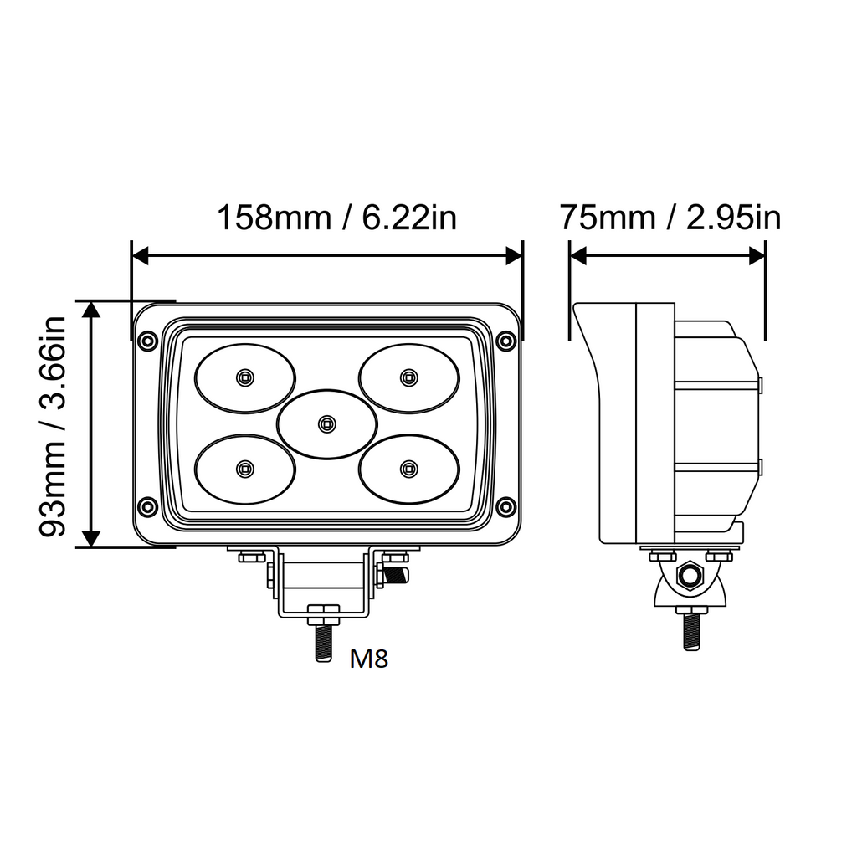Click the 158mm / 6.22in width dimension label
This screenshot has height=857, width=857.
[336, 218]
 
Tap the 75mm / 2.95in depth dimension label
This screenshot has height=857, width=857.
[670, 218]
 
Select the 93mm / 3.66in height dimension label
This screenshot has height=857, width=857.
[53, 426]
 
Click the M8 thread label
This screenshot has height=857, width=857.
[369, 659]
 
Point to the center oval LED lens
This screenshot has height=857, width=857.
[327, 423]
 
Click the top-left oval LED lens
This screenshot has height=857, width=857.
[245, 377]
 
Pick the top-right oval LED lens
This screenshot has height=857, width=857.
[408, 377]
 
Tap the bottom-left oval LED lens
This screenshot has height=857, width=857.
[245, 469]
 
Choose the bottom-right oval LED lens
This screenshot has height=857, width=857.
[408, 469]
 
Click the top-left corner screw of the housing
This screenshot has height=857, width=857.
[147, 341]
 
